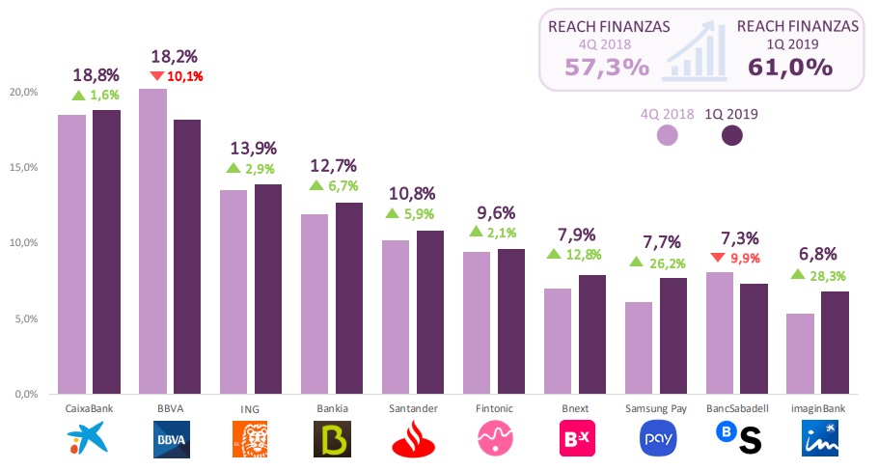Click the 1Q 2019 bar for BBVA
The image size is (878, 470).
point(187,257)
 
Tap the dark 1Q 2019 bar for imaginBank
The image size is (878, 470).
point(836,343)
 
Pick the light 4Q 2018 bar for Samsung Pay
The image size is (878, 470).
point(639,347)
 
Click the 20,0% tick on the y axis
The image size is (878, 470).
point(23,92)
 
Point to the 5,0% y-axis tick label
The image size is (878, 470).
point(25,318)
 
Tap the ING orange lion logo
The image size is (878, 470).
point(254,439)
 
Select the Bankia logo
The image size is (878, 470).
point(335,439)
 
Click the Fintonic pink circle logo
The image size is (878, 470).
point(497,439)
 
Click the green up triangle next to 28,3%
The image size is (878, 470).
point(798,274)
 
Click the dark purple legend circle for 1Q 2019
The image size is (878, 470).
point(734,136)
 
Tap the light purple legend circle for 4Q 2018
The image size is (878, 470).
point(667,136)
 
